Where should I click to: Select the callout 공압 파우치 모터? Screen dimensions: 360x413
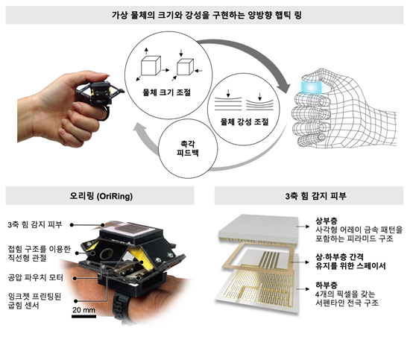(x=33, y=276)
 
